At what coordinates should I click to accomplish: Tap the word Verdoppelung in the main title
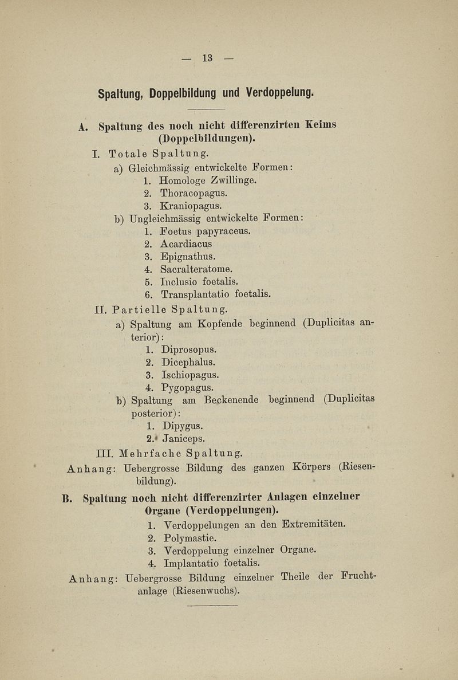point(279,92)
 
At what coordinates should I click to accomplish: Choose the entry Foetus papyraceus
point(206,231)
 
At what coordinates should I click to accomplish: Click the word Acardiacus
point(186,244)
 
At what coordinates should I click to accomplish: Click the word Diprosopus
point(189,349)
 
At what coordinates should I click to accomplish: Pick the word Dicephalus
point(188,362)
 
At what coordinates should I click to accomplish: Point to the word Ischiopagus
point(191,375)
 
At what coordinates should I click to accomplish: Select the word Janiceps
point(184,440)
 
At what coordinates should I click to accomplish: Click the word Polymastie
point(189,538)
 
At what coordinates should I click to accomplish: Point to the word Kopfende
point(222,324)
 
